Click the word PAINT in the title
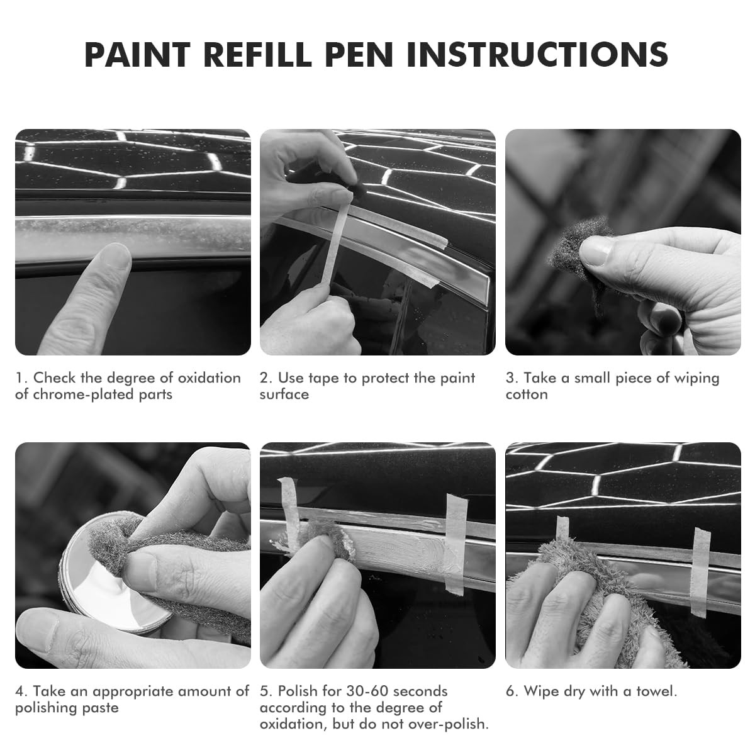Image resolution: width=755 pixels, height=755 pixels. point(138,55)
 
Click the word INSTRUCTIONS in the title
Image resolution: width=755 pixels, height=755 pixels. point(537,55)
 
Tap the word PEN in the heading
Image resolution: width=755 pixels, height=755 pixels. point(359,55)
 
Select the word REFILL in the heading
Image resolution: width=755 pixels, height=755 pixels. point(257,55)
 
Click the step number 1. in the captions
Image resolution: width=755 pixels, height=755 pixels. point(21,378)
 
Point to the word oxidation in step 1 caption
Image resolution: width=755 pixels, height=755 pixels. point(210,377)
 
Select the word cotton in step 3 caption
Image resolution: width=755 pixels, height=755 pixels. point(527,394)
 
